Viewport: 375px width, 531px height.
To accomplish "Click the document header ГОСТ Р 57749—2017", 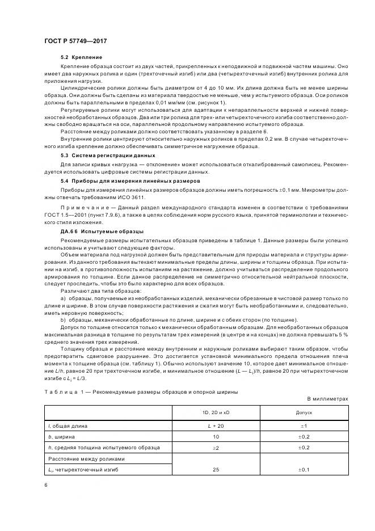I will coord(75,41).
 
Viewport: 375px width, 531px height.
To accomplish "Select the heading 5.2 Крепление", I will coord(81,57).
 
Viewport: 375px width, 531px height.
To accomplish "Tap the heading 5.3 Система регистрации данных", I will coord(100,155).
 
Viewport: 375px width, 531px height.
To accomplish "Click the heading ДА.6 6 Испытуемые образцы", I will coord(94,231).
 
